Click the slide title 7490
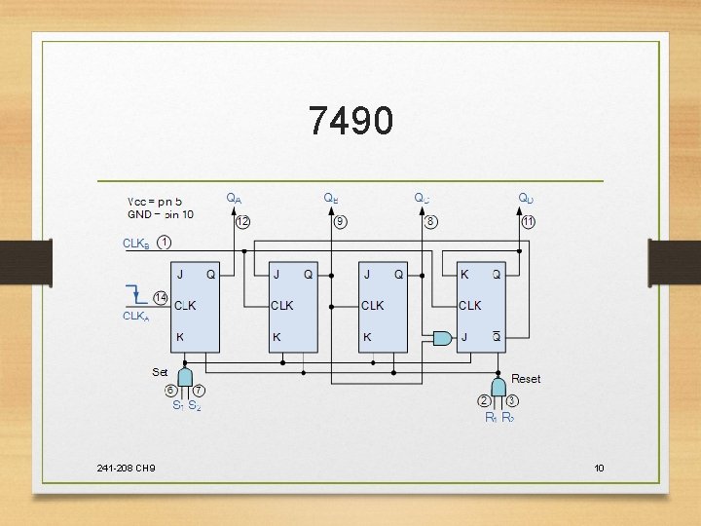[x=350, y=121]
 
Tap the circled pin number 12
[x=242, y=222]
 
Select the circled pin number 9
[x=340, y=222]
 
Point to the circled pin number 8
[x=430, y=222]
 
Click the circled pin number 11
[x=528, y=222]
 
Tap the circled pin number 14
[x=161, y=296]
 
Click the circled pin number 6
[x=170, y=391]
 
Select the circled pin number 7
[x=198, y=391]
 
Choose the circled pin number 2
[x=484, y=400]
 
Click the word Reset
[x=526, y=379]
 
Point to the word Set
[x=160, y=371]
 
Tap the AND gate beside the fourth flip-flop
[x=442, y=338]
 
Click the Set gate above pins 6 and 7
[x=184, y=376]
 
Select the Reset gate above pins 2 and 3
[x=498, y=387]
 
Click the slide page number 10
[x=599, y=469]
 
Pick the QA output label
[x=234, y=198]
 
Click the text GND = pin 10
[x=161, y=214]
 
